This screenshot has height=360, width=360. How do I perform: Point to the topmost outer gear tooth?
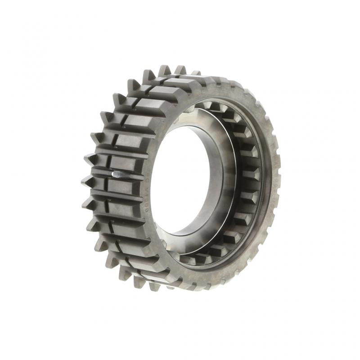pos(165,71)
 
